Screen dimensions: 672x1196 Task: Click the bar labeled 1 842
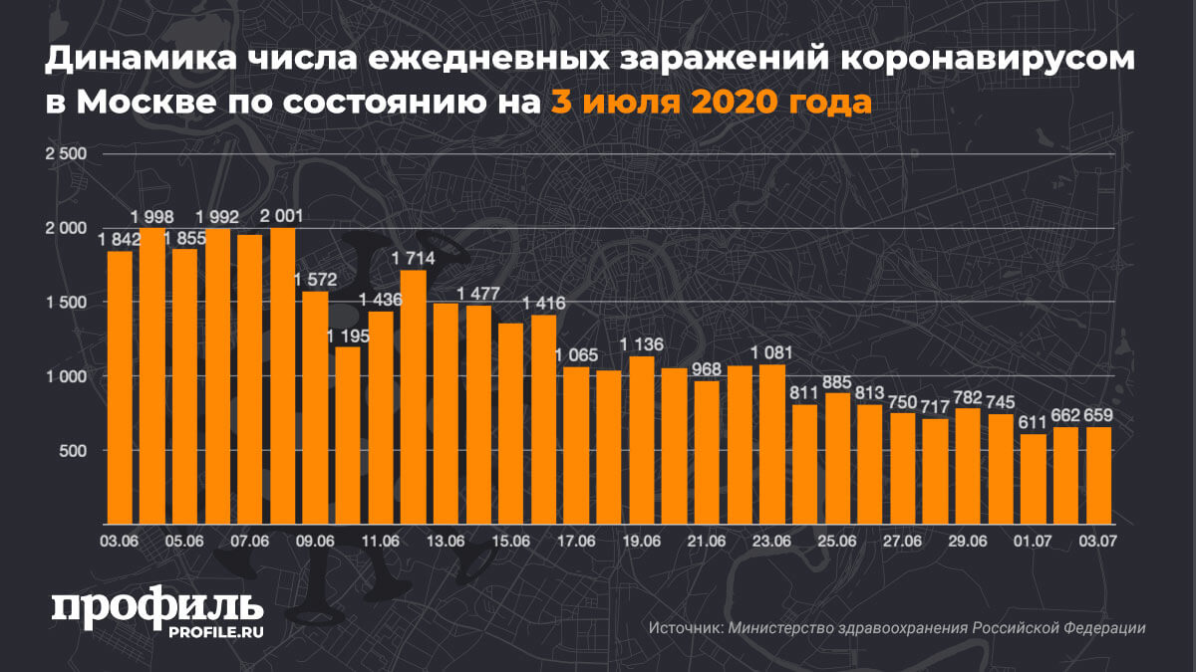120,388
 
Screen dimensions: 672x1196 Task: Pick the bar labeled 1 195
348,435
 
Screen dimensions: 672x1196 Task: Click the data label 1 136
642,345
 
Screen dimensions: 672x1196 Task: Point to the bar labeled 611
1034,479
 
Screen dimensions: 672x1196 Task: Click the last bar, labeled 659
1098,475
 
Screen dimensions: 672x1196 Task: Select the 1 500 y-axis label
67,303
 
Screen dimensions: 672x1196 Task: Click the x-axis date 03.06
119,541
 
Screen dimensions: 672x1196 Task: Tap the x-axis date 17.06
576,541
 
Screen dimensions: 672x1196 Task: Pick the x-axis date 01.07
1034,541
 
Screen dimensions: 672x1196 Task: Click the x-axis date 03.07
1098,541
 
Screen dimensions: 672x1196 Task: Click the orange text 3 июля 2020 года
711,102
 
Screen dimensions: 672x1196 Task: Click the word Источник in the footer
685,629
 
